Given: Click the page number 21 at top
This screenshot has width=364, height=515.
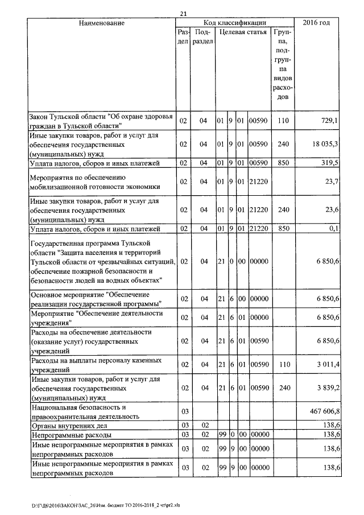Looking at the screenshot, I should click(x=183, y=14).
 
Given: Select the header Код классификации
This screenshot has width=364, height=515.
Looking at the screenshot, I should click(x=235, y=23).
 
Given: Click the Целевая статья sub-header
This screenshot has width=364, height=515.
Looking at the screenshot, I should click(x=243, y=32).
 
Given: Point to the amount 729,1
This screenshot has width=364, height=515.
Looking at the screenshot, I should click(x=329, y=121).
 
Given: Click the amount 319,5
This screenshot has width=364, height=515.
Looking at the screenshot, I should click(x=329, y=163).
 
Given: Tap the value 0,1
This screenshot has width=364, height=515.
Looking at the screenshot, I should click(x=334, y=229).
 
